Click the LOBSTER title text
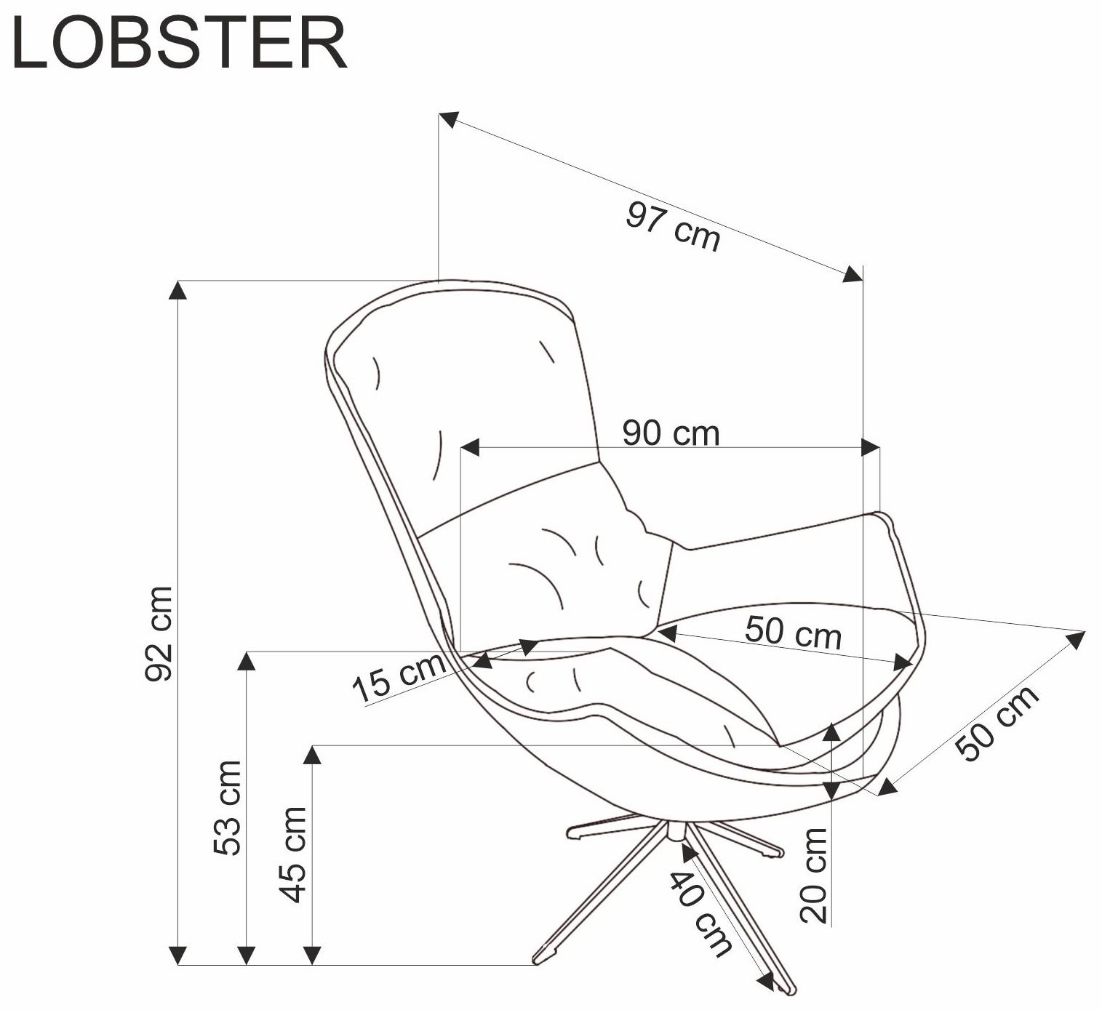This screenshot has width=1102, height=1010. point(180,44)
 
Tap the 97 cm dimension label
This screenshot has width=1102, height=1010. point(673,225)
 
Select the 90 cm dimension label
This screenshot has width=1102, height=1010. point(671,433)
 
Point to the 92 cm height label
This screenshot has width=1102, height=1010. point(159,634)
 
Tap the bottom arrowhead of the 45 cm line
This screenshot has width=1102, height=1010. point(312,955)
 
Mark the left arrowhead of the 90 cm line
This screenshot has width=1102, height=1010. point(470,448)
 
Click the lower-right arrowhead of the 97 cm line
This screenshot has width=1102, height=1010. point(853,274)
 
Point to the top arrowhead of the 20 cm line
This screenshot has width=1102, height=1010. point(833,733)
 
